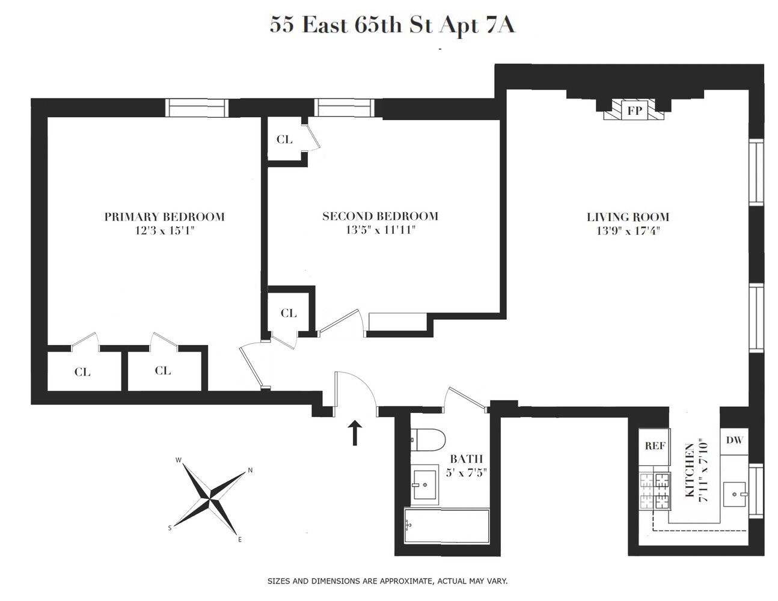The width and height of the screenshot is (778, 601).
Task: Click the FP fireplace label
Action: [633, 111]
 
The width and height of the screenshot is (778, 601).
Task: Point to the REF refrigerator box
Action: [655, 447]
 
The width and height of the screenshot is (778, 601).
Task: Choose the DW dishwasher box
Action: [734, 440]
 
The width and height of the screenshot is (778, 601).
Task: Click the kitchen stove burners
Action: [655, 492]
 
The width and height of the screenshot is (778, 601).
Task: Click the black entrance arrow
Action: [355, 433]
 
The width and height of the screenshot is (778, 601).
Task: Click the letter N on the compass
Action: [250, 471]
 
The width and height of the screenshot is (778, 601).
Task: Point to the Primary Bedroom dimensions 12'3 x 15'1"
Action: [165, 230]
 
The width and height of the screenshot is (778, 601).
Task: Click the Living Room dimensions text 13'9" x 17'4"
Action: [628, 231]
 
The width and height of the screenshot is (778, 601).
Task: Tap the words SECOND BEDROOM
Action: [380, 216]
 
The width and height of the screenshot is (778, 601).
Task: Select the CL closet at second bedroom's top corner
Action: [284, 139]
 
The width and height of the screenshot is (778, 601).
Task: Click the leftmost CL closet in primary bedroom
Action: [82, 372]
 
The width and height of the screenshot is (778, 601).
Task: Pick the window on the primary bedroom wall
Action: [197, 108]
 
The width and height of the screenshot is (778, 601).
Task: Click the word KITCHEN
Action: [690, 469]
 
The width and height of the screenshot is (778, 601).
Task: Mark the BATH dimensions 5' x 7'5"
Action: [465, 472]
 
